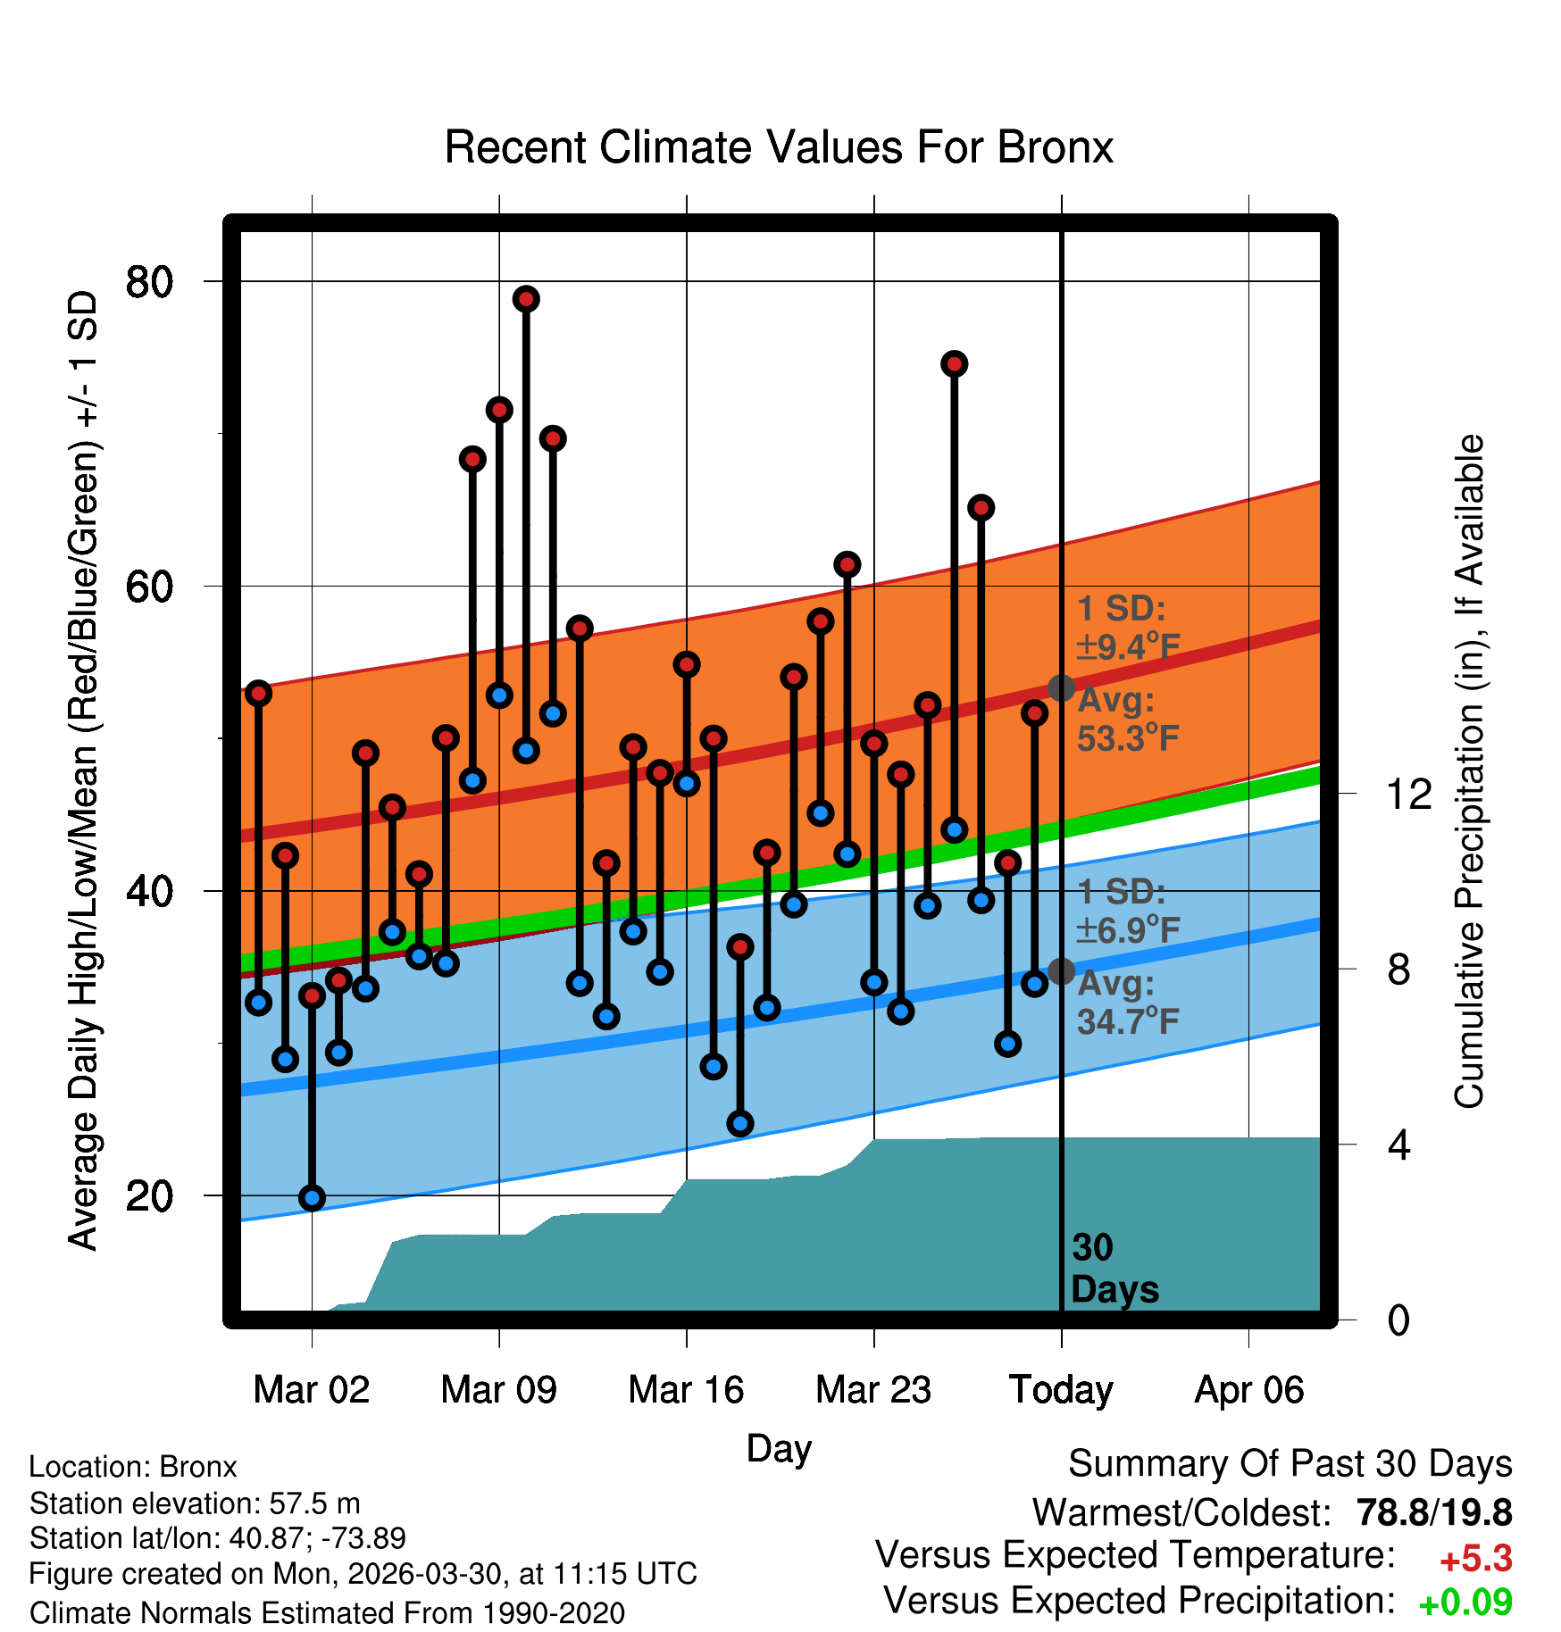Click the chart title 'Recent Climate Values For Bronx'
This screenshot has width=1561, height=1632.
tap(779, 147)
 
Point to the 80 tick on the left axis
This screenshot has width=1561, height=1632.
tap(149, 282)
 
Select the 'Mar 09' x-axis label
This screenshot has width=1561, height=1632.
tap(498, 1389)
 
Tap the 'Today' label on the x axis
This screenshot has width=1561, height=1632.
tap(1061, 1390)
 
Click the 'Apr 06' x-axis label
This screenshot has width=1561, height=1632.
tap(1249, 1390)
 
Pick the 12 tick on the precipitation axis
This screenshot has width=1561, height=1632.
tap(1409, 793)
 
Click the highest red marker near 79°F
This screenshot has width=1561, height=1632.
tap(526, 299)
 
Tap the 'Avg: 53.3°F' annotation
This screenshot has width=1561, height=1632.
tap(1128, 720)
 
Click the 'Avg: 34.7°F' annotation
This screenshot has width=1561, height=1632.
tap(1128, 1003)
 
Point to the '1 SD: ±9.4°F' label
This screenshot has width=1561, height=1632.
tap(1128, 628)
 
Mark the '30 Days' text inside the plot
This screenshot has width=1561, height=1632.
tap(1114, 1269)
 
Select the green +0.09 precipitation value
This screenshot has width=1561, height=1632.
tap(1465, 1603)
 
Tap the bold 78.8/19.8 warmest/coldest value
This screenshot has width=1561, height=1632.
tap(1434, 1512)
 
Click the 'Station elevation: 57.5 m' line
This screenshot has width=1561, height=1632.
tap(195, 1503)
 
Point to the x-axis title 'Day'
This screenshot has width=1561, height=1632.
tap(779, 1448)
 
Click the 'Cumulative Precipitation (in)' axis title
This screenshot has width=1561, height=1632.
tap(1468, 771)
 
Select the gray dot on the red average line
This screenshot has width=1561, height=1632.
tap(1061, 688)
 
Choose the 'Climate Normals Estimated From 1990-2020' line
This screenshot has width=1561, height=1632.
tap(327, 1613)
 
